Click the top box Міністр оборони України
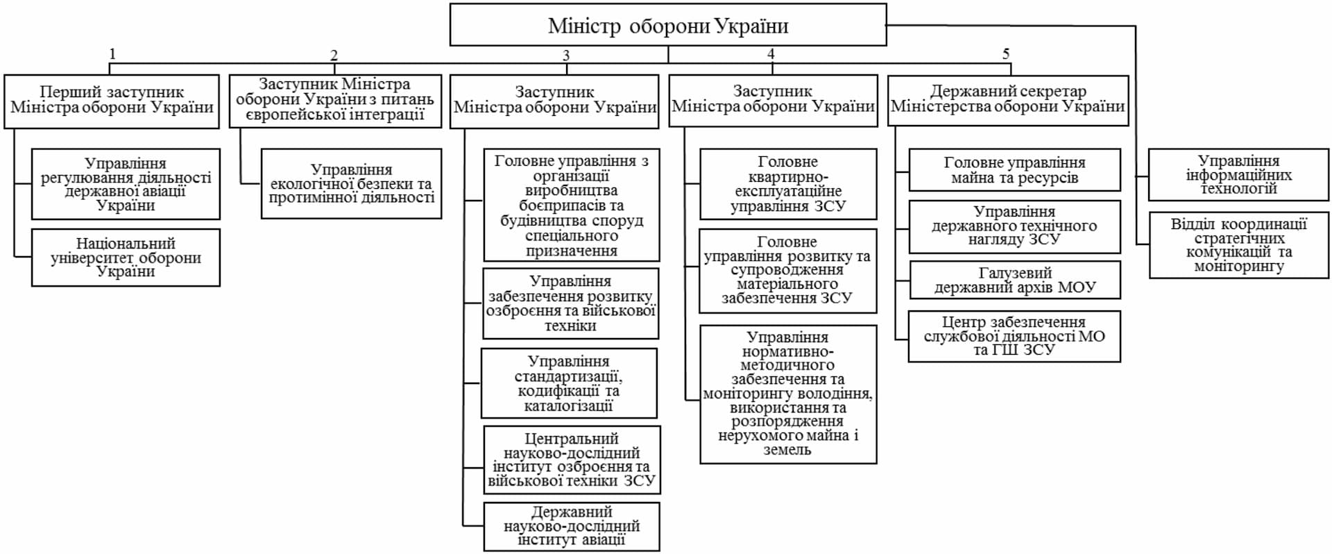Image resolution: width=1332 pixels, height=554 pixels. pyautogui.click(x=667, y=26)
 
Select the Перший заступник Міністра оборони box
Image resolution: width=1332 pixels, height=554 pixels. pyautogui.click(x=112, y=101)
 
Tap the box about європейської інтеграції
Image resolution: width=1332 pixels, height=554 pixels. pyautogui.click(x=335, y=101)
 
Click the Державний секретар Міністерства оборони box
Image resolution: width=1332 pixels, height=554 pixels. pyautogui.click(x=1007, y=99)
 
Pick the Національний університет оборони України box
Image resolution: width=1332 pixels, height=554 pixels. pyautogui.click(x=126, y=258)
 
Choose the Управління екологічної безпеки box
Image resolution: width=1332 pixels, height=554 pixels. pyautogui.click(x=351, y=184)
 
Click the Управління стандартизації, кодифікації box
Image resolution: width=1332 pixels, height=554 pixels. pyautogui.click(x=569, y=383)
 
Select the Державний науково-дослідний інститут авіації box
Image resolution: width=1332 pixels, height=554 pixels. pyautogui.click(x=572, y=526)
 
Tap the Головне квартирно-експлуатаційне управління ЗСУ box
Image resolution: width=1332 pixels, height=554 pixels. pyautogui.click(x=788, y=184)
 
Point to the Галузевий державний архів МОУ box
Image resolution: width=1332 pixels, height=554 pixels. pyautogui.click(x=1014, y=280)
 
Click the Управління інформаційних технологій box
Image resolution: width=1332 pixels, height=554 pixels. pyautogui.click(x=1238, y=175)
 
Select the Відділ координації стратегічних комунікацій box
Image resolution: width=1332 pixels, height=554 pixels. pyautogui.click(x=1238, y=245)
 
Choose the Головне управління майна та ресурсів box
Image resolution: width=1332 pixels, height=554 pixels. pyautogui.click(x=1014, y=170)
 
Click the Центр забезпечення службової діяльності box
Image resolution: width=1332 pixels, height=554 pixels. pyautogui.click(x=1014, y=337)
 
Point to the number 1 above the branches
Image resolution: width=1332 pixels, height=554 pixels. pyautogui.click(x=112, y=54)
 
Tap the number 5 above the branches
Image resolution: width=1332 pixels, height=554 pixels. pyautogui.click(x=1006, y=53)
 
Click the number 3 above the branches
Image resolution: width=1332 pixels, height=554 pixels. pyautogui.click(x=566, y=56)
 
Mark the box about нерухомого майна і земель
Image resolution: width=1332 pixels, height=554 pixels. pyautogui.click(x=788, y=394)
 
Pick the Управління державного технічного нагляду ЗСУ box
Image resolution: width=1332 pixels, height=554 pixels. pyautogui.click(x=1014, y=226)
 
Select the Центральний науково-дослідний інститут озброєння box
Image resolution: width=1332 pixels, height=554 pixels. pyautogui.click(x=572, y=460)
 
